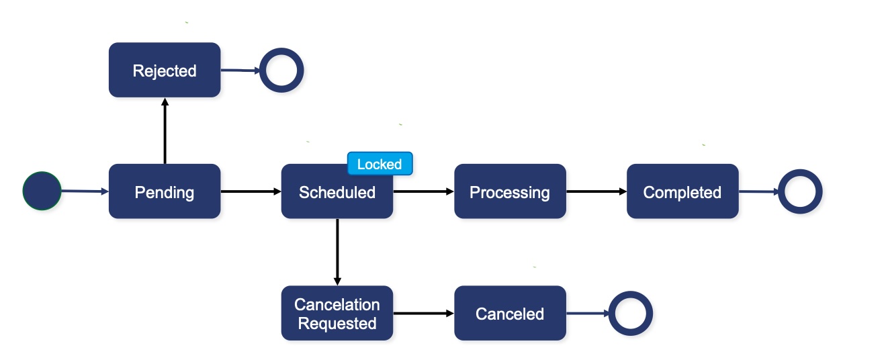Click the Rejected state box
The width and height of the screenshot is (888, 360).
(165, 70)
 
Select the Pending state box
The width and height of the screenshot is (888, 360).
(165, 191)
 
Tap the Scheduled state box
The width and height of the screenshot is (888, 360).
(337, 191)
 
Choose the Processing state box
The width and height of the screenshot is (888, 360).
(510, 191)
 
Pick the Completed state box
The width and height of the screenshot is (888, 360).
(682, 191)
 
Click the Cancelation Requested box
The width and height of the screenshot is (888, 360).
(337, 313)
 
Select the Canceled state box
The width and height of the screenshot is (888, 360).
(510, 313)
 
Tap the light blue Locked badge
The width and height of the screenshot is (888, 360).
(380, 163)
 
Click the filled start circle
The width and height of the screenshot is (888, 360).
(42, 191)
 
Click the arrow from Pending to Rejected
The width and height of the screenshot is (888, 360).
(165, 131)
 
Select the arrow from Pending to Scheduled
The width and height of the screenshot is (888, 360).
(251, 191)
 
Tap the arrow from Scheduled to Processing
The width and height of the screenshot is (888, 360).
(424, 191)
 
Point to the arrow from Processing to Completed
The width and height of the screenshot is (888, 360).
(596, 191)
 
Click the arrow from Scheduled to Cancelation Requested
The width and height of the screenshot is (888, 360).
(337, 252)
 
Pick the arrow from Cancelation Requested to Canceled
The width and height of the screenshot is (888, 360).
(424, 313)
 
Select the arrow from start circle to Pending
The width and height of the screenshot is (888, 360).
(85, 191)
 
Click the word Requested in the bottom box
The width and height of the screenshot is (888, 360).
(337, 324)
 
